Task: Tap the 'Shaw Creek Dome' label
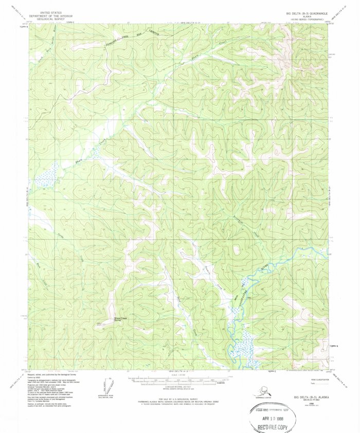click(121, 319)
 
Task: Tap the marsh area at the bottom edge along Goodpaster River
click(242, 350)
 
